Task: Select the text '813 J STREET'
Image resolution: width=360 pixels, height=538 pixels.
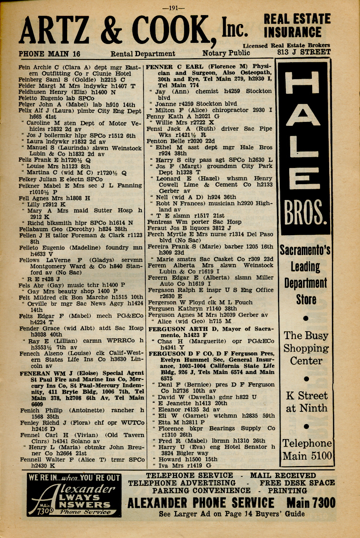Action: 304,52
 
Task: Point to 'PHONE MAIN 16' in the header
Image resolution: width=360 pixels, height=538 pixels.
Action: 49,54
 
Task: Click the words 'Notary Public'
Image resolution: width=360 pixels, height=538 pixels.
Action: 226,53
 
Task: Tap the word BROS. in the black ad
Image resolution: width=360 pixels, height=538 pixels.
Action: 306,214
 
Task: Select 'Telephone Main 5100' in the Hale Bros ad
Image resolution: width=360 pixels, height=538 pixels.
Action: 306,450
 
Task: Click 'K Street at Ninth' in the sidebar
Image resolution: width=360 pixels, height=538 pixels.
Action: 306,402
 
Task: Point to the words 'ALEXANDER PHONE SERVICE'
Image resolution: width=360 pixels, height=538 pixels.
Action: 201,503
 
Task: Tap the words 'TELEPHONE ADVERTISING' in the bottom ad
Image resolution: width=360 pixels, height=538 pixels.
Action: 182,483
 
